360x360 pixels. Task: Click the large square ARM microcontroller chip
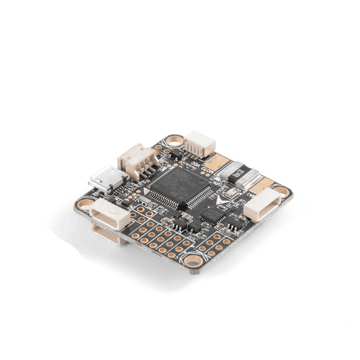(178, 185)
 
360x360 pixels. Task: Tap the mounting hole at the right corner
(282, 190)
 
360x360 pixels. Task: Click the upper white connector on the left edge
(110, 213)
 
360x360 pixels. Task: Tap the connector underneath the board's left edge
(108, 234)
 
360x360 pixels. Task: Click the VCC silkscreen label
(197, 162)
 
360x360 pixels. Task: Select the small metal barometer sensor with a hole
(234, 194)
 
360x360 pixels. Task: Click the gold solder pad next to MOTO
(220, 161)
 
